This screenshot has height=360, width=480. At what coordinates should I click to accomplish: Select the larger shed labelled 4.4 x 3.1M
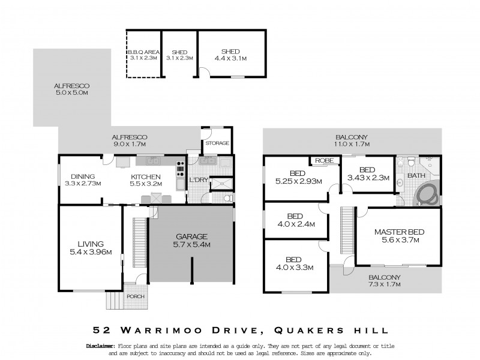pyautogui.click(x=230, y=59)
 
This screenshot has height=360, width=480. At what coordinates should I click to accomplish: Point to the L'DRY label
pyautogui.click(x=198, y=180)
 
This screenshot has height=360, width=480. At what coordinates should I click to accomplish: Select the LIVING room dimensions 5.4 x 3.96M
pyautogui.click(x=91, y=253)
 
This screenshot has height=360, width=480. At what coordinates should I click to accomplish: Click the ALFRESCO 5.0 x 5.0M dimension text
pyautogui.click(x=71, y=93)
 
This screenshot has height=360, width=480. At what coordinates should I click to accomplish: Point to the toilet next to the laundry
pyautogui.click(x=227, y=197)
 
